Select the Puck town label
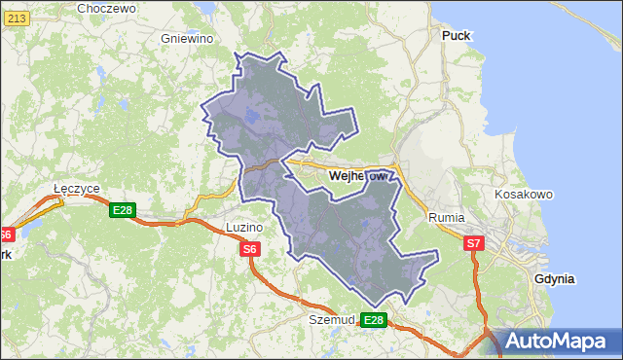click(456, 35)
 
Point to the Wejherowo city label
click(359, 176)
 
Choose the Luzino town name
click(243, 227)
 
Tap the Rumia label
click(447, 218)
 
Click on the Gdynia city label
click(555, 278)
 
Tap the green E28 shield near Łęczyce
click(122, 210)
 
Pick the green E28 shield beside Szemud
click(374, 319)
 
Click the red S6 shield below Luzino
click(250, 250)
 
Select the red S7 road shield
click(473, 243)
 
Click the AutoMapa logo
click(558, 340)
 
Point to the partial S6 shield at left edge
click(6, 234)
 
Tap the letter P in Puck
click(446, 35)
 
